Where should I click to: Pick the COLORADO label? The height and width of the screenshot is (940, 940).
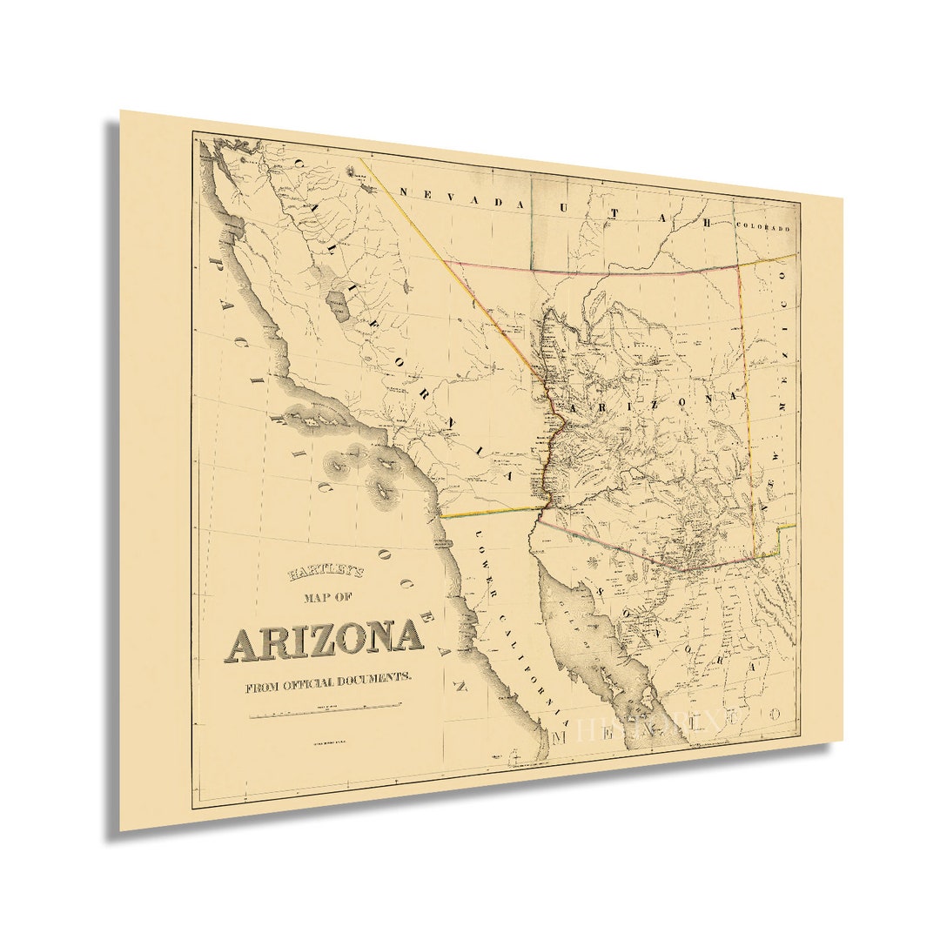coord(762,227)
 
